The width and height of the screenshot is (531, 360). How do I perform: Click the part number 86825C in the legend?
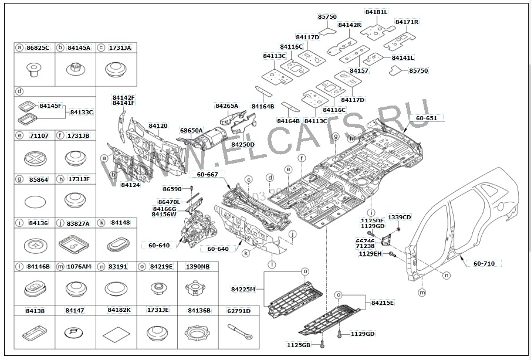38,47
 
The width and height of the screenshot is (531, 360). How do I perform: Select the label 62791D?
238,310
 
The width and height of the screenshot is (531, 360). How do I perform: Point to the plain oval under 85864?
36,202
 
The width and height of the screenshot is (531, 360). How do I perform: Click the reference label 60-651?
427,118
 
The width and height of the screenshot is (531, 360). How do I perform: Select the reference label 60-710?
484,263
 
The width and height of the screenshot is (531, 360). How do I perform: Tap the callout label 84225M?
243,289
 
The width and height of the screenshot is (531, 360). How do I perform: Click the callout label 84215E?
383,303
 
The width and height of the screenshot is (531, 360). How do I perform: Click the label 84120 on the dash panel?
158,125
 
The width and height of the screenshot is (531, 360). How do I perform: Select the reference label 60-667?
207,174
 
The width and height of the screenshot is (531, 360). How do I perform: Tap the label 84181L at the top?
376,12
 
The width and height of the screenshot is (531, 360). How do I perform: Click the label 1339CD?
399,218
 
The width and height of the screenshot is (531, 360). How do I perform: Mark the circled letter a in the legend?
19,47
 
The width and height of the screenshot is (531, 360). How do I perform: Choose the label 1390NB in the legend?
198,266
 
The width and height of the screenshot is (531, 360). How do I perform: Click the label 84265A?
227,106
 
